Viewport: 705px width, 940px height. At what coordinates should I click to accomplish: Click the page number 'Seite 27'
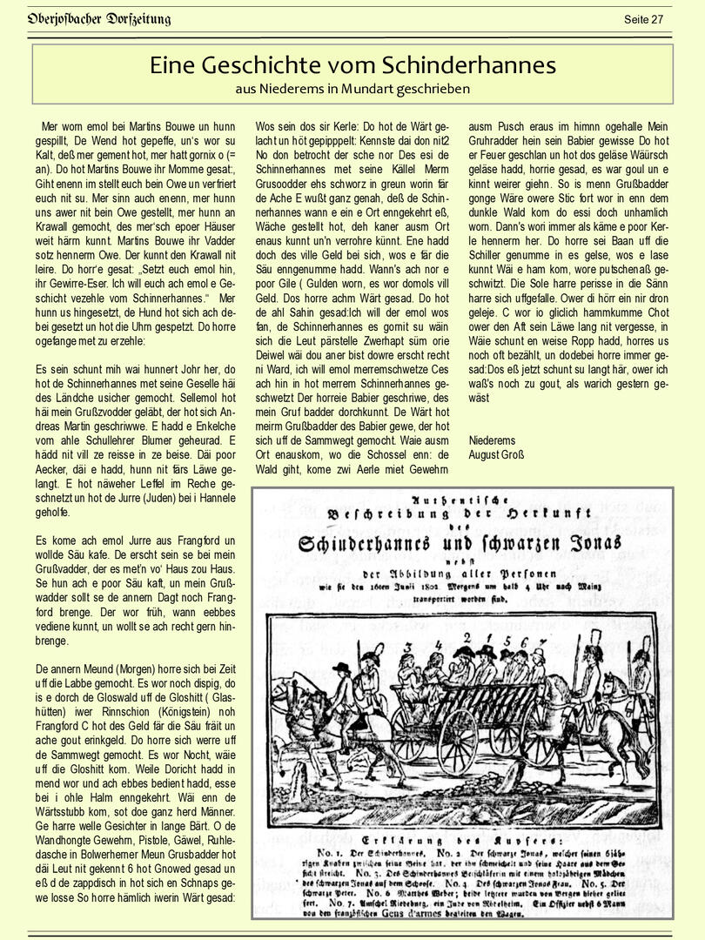click(x=643, y=19)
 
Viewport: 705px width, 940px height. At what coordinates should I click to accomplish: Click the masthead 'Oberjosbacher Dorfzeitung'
click(x=98, y=19)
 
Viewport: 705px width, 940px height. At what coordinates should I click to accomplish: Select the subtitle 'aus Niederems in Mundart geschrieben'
click(x=352, y=89)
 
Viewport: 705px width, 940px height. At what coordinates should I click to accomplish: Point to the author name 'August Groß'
click(x=496, y=454)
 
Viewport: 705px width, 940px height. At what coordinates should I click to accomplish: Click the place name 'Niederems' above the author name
click(x=492, y=440)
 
